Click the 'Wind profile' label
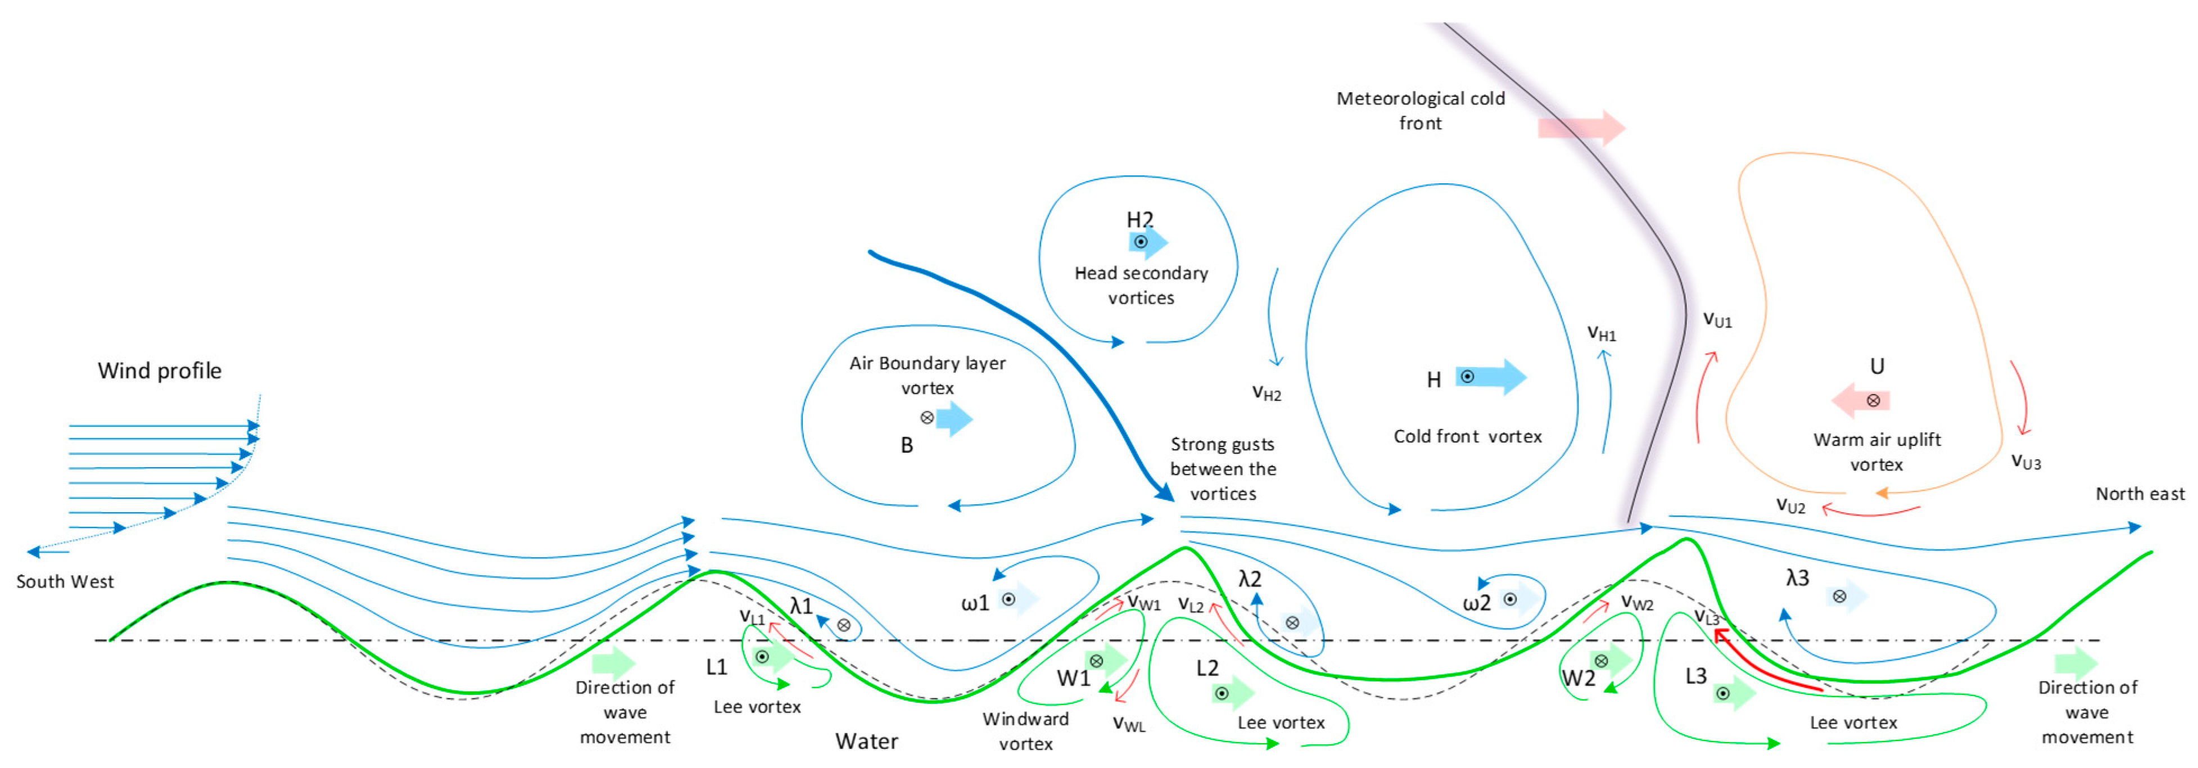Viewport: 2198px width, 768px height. click(x=160, y=371)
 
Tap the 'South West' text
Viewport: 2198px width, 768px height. click(x=65, y=581)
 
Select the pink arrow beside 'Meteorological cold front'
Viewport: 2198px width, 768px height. click(x=1580, y=128)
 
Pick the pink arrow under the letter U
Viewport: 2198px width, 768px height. click(x=1860, y=400)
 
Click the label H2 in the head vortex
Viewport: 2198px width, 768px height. click(x=1140, y=219)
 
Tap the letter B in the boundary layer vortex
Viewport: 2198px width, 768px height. click(x=907, y=445)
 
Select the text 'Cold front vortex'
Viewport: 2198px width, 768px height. click(x=1468, y=436)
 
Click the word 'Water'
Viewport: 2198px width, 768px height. click(x=866, y=740)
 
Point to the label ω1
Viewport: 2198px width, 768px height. click(x=974, y=603)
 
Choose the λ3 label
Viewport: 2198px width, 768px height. click(x=1797, y=578)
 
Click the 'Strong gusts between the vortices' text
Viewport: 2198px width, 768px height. click(x=1223, y=468)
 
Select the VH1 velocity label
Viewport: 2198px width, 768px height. click(x=1601, y=333)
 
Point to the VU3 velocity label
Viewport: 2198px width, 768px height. click(x=2025, y=462)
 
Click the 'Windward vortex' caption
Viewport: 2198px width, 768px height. click(x=1025, y=730)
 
